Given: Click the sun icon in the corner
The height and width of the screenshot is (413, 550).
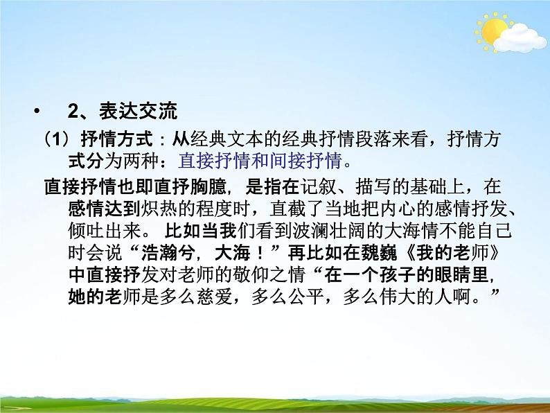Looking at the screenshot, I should (493, 31).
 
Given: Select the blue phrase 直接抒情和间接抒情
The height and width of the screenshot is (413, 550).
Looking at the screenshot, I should (260, 161).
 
